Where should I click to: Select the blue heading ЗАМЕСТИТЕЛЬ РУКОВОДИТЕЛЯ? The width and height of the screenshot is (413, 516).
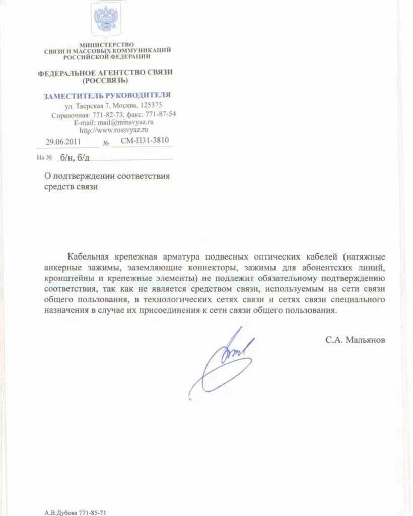[x=107, y=95]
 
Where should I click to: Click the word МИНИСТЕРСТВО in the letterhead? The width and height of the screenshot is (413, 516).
[x=106, y=45]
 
